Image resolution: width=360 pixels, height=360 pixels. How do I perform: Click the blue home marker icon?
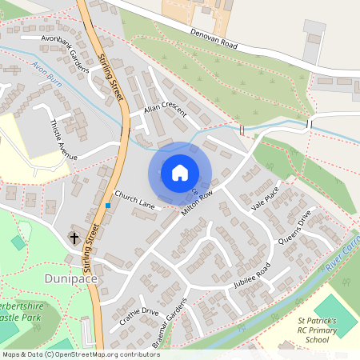point(180,173)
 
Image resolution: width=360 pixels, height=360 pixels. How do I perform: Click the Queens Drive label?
point(294,229)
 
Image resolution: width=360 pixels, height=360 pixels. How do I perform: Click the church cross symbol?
point(74,238)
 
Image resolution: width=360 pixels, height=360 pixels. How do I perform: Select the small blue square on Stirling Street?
point(107,206)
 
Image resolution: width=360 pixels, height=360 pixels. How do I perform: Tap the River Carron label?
point(340,254)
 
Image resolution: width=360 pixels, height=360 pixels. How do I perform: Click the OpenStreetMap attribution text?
point(80,354)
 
